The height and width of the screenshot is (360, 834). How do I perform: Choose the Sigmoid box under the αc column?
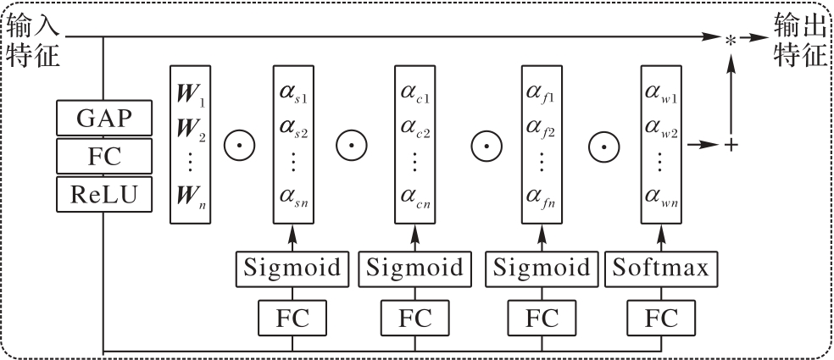point(415,269)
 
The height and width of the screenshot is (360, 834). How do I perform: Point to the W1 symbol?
point(189,91)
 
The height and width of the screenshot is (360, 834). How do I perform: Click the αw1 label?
point(662,91)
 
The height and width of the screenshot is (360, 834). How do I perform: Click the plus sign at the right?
point(730,146)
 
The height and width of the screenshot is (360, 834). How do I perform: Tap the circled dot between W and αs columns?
point(240,146)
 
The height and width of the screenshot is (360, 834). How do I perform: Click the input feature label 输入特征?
point(32,38)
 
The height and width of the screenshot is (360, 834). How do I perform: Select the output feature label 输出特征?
point(799,38)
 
